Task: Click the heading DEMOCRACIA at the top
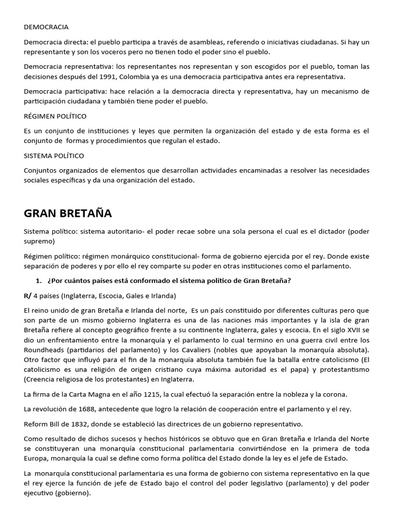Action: (x=46, y=27)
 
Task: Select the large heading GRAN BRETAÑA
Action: (x=68, y=213)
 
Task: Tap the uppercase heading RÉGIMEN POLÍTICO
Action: (x=55, y=116)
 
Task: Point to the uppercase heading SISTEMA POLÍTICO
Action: (x=54, y=155)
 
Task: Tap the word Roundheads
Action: (x=45, y=350)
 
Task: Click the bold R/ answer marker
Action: (x=28, y=296)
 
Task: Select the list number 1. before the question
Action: (x=38, y=281)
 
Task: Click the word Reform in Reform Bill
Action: (x=36, y=424)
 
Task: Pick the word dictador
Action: (x=328, y=232)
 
